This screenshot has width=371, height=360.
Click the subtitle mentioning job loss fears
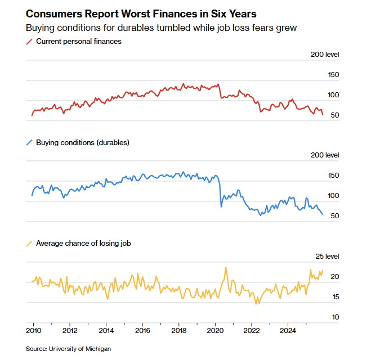[161, 28]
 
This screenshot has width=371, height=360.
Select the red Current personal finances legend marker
[29, 42]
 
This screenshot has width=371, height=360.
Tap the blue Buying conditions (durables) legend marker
[29, 143]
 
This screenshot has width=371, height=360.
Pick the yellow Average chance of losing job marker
[29, 244]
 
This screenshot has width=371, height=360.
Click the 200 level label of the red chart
[325, 55]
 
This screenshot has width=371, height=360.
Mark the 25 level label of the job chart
[327, 256]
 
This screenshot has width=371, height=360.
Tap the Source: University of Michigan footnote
[68, 349]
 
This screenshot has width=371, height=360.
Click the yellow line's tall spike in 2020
[226, 268]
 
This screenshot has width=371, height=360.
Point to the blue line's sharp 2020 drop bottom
[221, 206]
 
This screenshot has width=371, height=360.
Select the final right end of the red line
[323, 114]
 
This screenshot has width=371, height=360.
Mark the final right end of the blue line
[323, 214]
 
